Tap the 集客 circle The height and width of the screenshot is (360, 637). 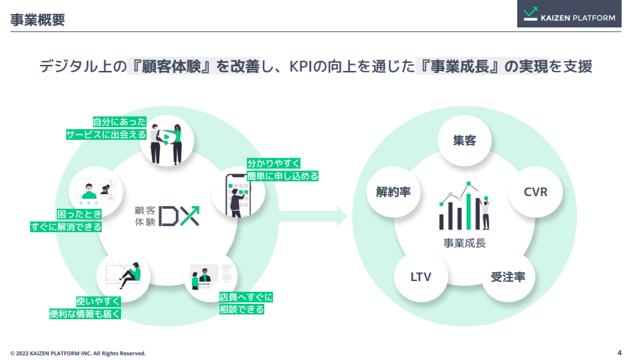[x=464, y=141]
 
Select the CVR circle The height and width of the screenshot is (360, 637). [x=535, y=192]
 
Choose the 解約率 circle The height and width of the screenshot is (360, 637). [x=393, y=192]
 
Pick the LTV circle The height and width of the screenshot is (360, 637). [x=421, y=276]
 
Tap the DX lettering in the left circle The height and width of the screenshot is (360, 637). [x=179, y=215]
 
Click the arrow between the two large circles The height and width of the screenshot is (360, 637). [x=314, y=215]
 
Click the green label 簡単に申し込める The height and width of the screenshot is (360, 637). [x=282, y=176]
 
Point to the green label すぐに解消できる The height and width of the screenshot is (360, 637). [x=66, y=227]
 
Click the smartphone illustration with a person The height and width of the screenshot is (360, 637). [x=238, y=194]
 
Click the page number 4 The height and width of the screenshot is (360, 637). [x=619, y=353]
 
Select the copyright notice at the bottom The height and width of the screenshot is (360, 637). [x=78, y=353]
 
